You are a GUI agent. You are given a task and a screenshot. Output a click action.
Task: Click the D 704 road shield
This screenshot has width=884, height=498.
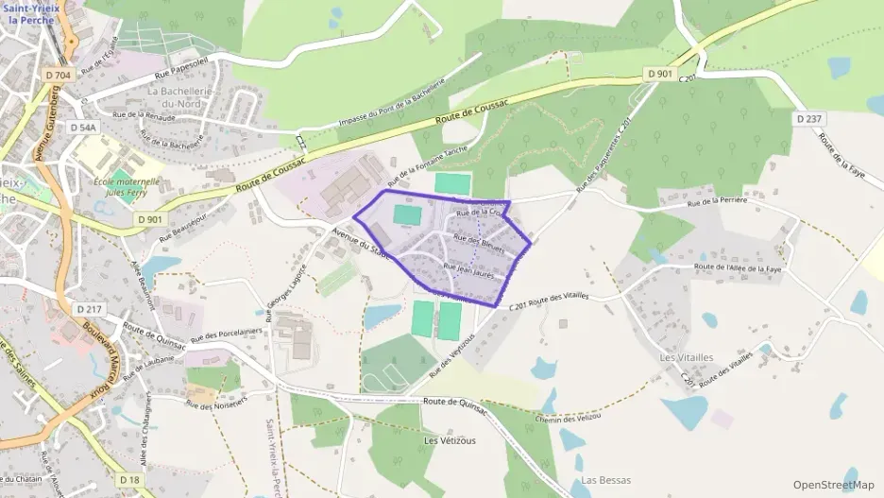pyautogui.click(x=57, y=75)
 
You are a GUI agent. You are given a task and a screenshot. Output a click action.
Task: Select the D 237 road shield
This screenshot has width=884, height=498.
pyautogui.click(x=808, y=119)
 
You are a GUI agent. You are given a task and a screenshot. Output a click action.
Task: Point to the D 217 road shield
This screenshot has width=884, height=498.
pyautogui.click(x=88, y=309)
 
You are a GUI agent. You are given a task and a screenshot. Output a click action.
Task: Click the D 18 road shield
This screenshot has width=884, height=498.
pyautogui.click(x=130, y=480)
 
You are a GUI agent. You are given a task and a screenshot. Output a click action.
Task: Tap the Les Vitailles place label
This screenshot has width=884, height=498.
pyautogui.click(x=687, y=357)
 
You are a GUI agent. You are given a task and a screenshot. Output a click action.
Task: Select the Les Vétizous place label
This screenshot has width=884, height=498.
pyautogui.click(x=450, y=440)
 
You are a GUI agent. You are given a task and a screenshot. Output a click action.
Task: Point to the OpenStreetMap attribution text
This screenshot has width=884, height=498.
pyautogui.click(x=833, y=485)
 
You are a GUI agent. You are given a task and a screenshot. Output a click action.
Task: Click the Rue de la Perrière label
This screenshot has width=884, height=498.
pyautogui.click(x=717, y=201)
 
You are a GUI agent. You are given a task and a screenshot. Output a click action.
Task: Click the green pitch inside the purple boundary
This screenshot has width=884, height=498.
pyautogui.click(x=406, y=215)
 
